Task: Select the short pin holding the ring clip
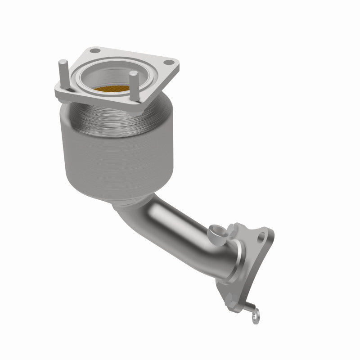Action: pyautogui.click(x=248, y=309)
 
